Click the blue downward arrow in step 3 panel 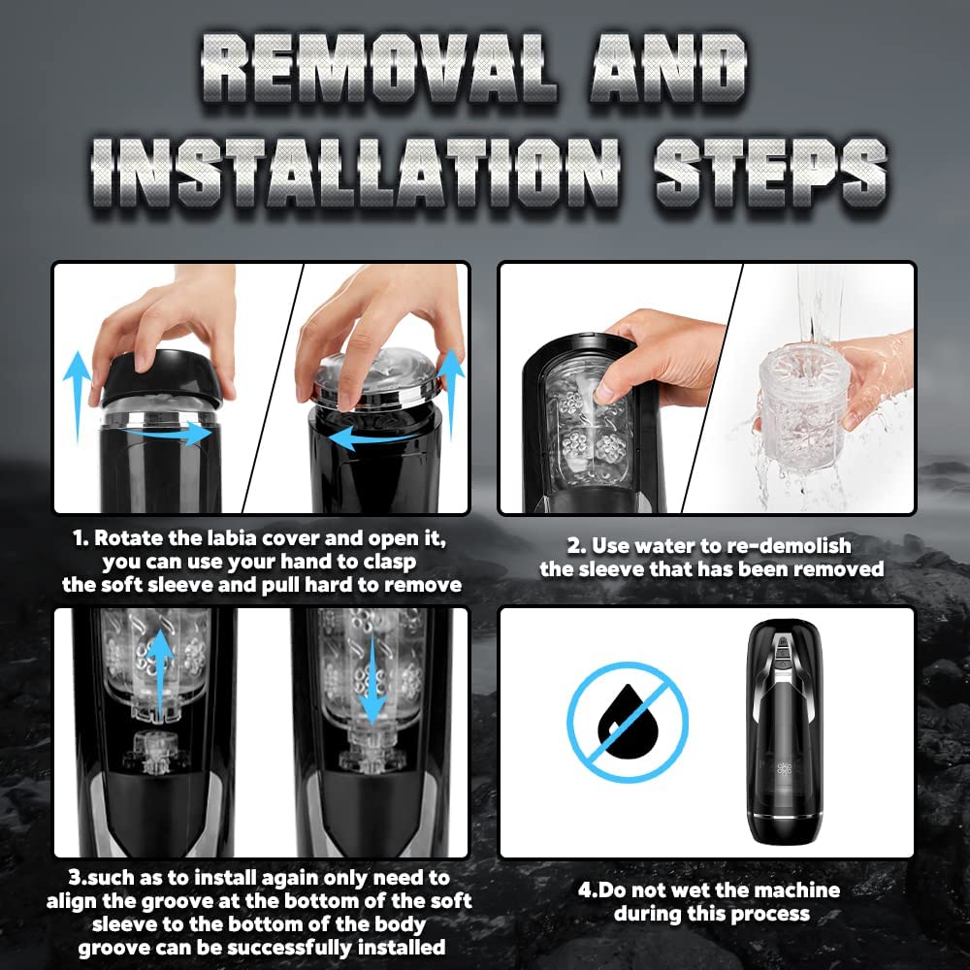[x=372, y=681]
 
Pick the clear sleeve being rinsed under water [x=801, y=408]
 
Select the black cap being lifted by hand [x=161, y=377]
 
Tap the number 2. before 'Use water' [x=576, y=546]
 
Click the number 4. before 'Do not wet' [x=588, y=890]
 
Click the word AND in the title [x=668, y=68]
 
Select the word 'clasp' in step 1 [x=389, y=563]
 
